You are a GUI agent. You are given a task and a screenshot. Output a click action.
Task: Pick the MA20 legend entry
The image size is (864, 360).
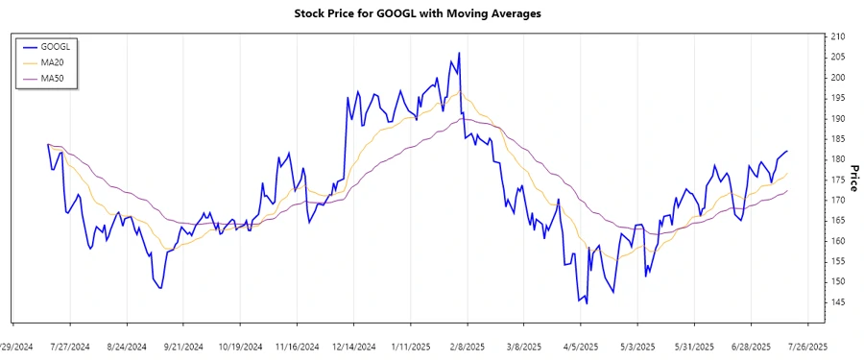point(53,61)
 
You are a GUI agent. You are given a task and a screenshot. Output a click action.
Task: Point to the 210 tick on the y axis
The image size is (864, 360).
point(838,36)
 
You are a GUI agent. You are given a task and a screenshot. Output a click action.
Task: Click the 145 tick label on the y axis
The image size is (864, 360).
point(838,302)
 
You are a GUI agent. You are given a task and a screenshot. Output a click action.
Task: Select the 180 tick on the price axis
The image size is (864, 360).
point(838,159)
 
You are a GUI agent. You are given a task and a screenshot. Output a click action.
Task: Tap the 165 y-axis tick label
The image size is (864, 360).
point(838,221)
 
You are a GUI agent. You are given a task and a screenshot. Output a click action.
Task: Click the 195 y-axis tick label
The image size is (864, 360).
point(838,98)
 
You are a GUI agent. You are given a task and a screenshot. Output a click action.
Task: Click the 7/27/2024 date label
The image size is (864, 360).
point(70,347)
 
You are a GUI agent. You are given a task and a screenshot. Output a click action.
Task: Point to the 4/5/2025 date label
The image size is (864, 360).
point(581,347)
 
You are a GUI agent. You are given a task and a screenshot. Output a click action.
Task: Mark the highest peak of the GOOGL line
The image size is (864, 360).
point(459,53)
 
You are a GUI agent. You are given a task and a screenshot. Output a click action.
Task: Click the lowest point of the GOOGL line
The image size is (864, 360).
point(587,303)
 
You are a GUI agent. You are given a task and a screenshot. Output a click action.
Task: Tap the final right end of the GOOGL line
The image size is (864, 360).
point(787,151)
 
